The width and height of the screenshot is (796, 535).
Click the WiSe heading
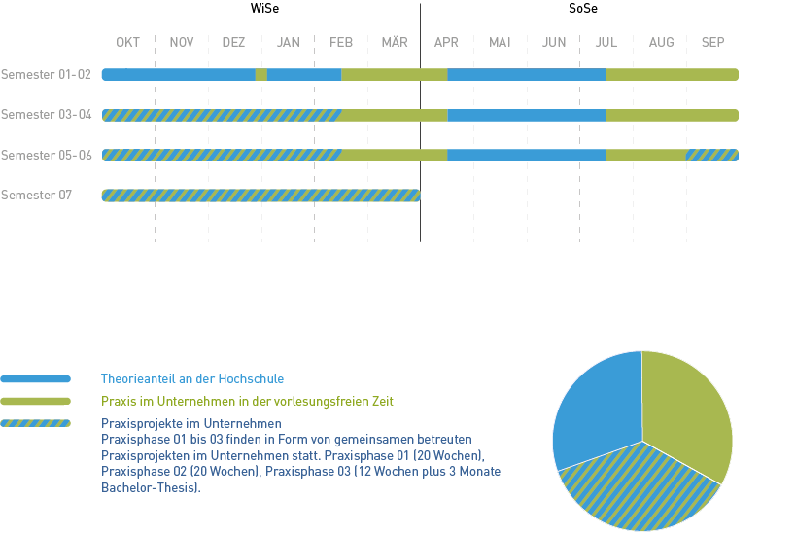(261, 10)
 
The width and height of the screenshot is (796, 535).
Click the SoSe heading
(583, 10)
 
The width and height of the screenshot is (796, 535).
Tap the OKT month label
(128, 42)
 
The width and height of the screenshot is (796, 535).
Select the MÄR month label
(395, 42)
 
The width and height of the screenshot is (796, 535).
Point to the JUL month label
(606, 42)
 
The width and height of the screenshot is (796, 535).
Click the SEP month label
(712, 42)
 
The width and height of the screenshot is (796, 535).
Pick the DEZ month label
(233, 42)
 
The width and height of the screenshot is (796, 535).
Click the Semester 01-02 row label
(47, 74)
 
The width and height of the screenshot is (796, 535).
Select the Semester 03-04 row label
(47, 115)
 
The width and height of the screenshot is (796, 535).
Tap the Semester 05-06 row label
(47, 155)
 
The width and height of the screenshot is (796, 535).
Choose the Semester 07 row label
(37, 196)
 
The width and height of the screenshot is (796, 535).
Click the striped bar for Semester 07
(260, 196)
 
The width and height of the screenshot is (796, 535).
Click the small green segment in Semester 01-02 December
(261, 74)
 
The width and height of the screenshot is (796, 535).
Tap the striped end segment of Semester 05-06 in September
(711, 155)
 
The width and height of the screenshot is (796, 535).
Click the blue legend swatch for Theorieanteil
(36, 378)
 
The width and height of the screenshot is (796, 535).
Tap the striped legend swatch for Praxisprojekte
(36, 423)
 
